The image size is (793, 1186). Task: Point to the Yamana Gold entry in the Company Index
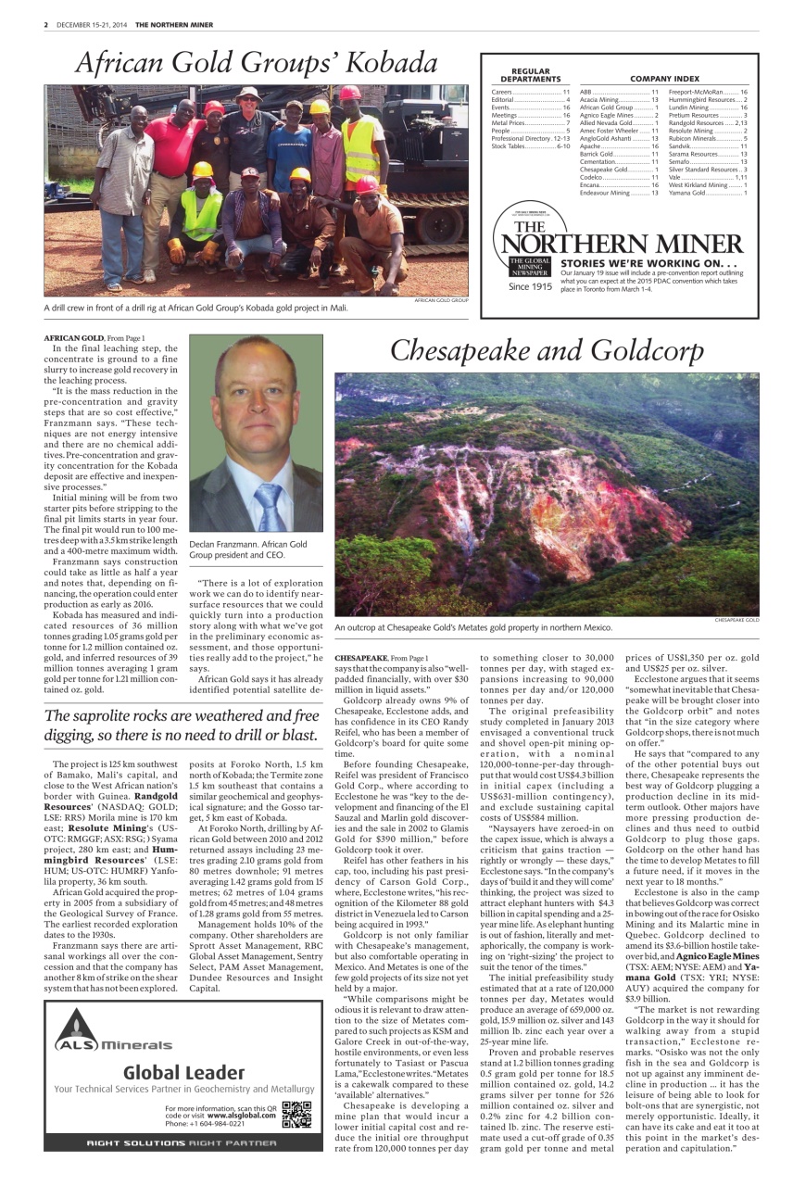click(x=694, y=193)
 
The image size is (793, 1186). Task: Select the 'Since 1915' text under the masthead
click(x=530, y=286)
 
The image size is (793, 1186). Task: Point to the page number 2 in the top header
click(x=45, y=25)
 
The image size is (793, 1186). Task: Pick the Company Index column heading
click(x=664, y=79)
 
